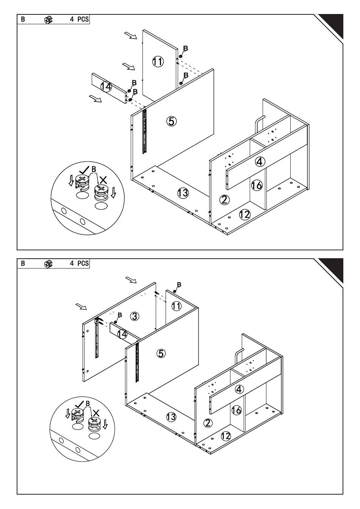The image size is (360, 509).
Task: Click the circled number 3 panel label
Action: pos(135,316)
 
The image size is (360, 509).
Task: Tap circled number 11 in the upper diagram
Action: pos(158,61)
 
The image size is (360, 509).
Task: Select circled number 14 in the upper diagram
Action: pos(106,87)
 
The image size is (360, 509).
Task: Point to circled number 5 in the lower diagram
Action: pos(161,353)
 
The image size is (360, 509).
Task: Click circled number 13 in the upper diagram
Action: pos(183,193)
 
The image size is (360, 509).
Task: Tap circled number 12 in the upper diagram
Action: pos(245,214)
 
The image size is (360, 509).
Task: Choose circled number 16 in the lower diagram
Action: pos(236,410)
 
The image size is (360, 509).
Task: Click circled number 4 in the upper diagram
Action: pos(259,162)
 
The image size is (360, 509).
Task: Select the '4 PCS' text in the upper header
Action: pos(79,19)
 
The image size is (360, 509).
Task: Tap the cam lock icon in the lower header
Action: pos(48,263)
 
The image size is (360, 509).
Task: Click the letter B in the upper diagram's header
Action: pos(23,19)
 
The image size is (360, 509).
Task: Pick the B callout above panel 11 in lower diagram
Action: pos(179,284)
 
